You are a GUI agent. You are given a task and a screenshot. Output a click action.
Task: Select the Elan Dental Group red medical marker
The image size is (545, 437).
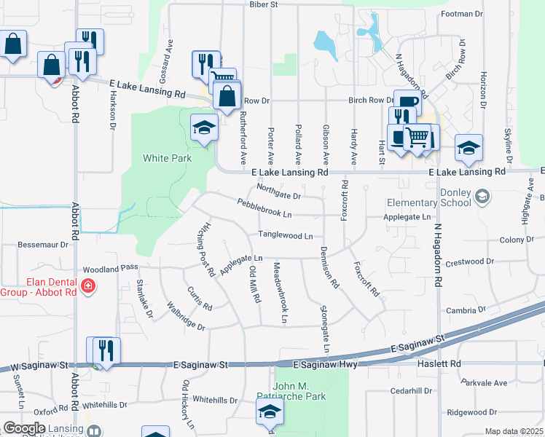click(89, 286)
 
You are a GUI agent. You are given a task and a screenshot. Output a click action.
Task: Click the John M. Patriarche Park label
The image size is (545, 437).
click(299, 390)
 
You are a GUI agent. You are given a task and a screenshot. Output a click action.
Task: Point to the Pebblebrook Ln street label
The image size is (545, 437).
click(264, 209)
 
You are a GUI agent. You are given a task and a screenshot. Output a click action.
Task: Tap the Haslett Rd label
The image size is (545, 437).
click(460, 363)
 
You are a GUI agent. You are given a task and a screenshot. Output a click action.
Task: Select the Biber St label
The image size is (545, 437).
click(264, 4)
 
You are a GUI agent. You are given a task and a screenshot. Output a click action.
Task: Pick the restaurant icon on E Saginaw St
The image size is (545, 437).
click(104, 351)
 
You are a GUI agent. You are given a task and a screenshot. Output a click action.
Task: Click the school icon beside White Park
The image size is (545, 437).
click(204, 127)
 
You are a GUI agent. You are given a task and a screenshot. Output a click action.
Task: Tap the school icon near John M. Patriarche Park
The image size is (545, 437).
click(270, 412)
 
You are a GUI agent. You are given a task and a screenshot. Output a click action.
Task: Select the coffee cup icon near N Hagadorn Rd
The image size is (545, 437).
click(407, 103)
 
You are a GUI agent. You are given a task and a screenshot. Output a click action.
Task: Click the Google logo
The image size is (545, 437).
click(24, 428)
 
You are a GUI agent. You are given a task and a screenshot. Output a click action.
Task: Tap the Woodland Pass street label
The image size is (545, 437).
click(110, 269)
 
